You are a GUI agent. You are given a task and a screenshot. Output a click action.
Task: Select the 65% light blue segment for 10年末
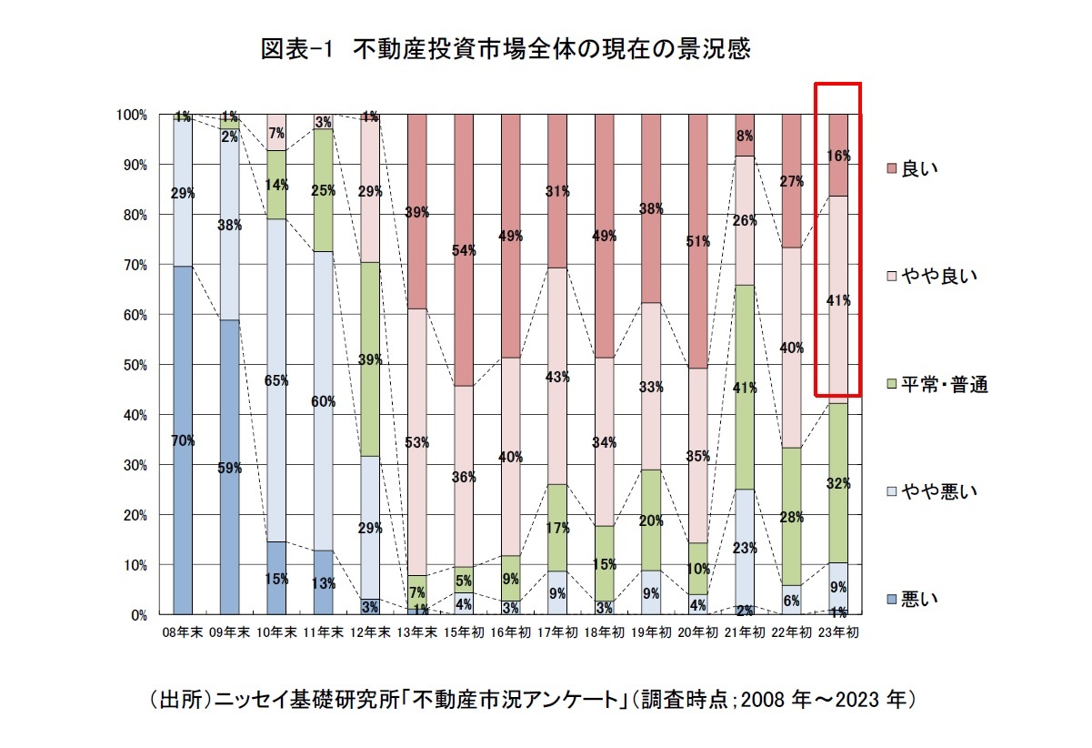pyautogui.click(x=276, y=380)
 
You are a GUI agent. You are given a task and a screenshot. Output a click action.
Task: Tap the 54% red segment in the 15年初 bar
pyautogui.click(x=463, y=251)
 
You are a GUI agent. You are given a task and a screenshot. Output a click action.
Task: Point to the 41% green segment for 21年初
pyautogui.click(x=744, y=387)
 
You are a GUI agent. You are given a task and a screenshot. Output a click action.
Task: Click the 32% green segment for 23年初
pyautogui.click(x=837, y=483)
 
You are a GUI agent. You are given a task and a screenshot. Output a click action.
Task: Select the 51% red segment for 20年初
pyautogui.click(x=697, y=241)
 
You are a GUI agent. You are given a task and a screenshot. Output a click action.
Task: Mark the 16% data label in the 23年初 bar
pyautogui.click(x=838, y=156)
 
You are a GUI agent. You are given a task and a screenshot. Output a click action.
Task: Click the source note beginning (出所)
pyautogui.click(x=531, y=701)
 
